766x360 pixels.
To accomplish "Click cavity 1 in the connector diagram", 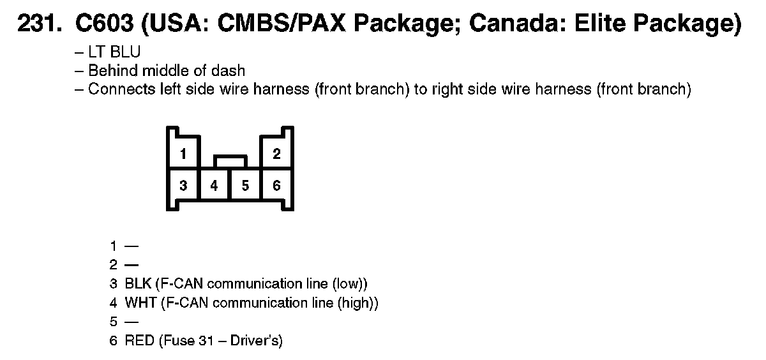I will (183, 154).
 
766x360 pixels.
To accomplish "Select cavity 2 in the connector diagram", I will (276, 154).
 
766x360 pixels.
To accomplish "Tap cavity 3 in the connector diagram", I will (183, 186).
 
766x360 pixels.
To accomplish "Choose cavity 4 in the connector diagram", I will (214, 186).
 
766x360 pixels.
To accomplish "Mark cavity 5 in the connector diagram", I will (245, 186).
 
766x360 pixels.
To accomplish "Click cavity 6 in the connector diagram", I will (276, 186).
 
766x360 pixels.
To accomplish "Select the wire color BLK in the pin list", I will (138, 283).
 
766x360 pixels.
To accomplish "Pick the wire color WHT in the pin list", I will (140, 303).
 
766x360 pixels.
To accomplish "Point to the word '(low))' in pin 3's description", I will (350, 283).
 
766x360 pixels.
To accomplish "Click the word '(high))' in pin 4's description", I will (358, 303).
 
